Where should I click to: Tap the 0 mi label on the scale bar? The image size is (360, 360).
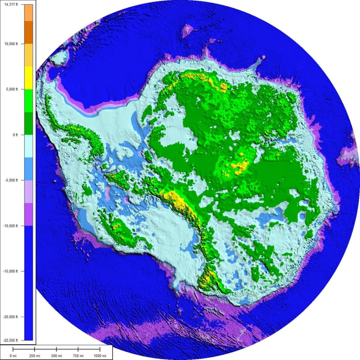13,356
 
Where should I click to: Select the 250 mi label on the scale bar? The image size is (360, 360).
35,356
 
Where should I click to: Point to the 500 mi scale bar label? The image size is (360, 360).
57,356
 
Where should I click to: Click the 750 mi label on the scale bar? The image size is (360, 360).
78,356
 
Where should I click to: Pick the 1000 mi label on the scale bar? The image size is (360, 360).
100,356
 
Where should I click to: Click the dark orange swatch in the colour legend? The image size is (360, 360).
28,32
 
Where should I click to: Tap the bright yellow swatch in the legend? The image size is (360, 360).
28,77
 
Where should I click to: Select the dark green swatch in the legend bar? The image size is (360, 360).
28,123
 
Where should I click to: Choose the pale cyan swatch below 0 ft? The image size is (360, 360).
28,146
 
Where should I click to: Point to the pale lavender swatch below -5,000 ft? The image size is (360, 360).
28,192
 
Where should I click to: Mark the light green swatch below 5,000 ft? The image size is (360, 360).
28,101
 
